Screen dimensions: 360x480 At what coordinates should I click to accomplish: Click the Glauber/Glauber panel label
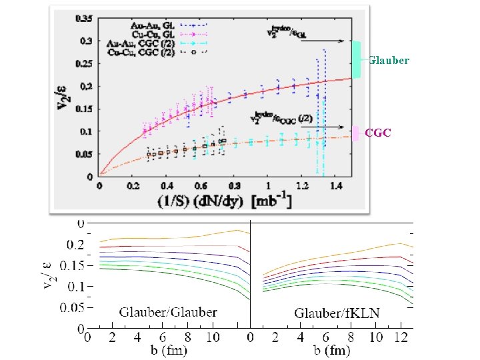[x=168, y=311]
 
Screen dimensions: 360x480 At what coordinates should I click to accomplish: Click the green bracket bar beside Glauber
[x=357, y=60]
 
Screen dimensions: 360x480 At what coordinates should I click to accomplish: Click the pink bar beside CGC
[x=357, y=133]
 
